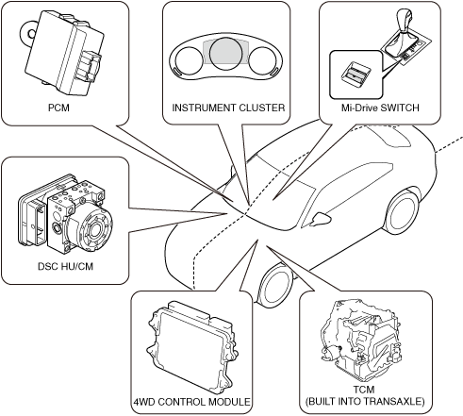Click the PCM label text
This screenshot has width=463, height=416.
point(58,108)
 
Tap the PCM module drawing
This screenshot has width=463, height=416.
point(63,54)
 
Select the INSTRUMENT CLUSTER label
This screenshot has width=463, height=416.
point(228,108)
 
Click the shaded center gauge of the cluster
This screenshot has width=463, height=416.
point(225,53)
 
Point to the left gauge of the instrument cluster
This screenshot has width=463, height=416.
point(189,61)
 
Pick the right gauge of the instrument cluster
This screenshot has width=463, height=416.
point(263,61)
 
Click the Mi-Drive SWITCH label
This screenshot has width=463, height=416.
point(380,108)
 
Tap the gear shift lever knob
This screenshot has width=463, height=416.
point(405,20)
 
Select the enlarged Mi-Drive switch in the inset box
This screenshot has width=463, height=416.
point(356,74)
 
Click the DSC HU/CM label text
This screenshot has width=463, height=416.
point(65,266)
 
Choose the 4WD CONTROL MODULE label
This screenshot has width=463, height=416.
point(192,402)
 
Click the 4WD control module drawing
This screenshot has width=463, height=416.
point(191,347)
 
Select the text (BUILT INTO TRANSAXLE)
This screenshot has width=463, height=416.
point(365,402)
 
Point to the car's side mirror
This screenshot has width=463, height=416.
point(321,219)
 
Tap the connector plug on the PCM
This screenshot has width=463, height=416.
point(90,66)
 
